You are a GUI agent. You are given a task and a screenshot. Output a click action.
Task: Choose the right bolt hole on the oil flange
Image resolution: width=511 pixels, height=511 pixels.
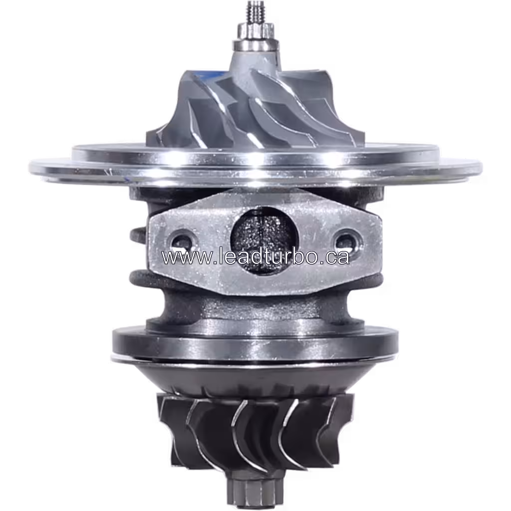[344, 240]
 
